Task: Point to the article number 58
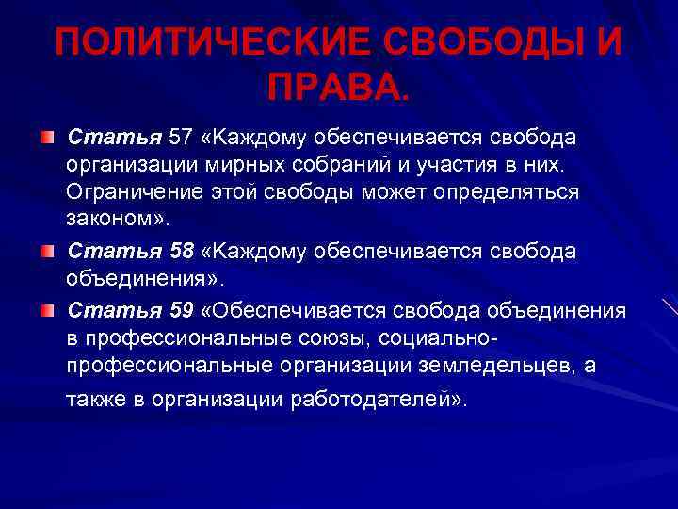coord(181,253)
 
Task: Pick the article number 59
coord(181,310)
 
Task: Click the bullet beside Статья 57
coord(47,140)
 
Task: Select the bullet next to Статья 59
coord(47,311)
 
